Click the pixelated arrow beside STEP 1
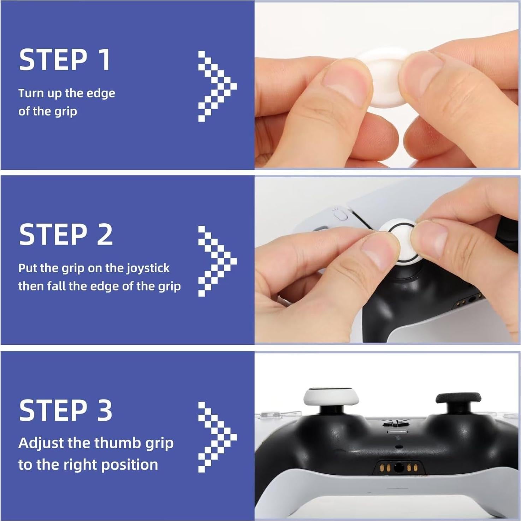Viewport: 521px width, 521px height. (x=216, y=86)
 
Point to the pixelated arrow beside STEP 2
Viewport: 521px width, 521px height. (x=216, y=261)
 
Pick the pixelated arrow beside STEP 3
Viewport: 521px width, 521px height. (x=216, y=437)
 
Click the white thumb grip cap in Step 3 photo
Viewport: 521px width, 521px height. (x=331, y=397)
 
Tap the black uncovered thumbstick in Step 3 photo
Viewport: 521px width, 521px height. (x=458, y=398)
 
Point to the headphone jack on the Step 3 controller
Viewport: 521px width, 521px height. (x=399, y=468)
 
